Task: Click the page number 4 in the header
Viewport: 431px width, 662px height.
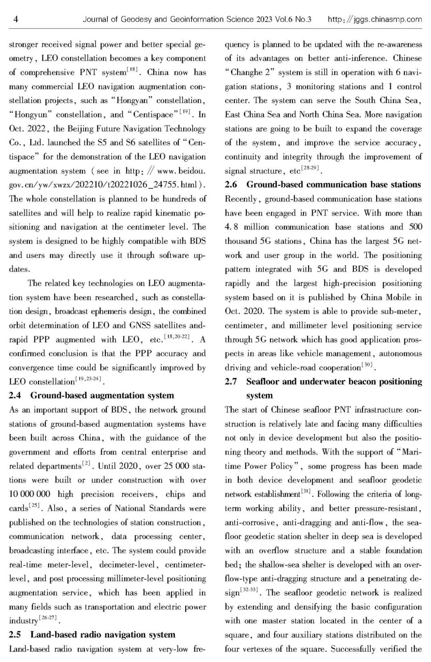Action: pyautogui.click(x=16, y=19)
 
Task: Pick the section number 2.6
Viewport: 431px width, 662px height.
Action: pyautogui.click(x=231, y=185)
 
